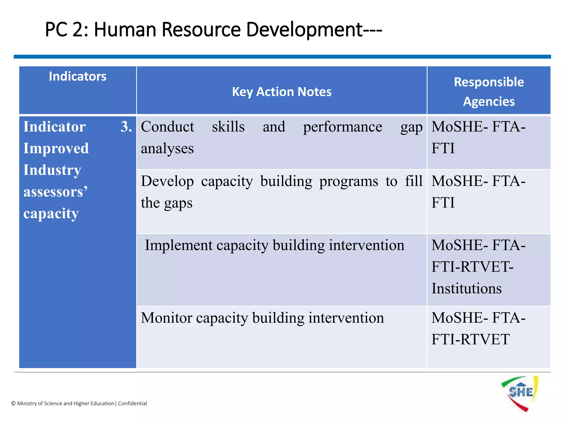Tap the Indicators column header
point(78,76)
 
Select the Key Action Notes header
point(282,92)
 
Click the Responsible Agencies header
point(489,92)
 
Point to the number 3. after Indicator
point(126,127)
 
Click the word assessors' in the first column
point(55,192)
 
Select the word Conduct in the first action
point(167,127)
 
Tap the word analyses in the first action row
point(167,149)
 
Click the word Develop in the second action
point(167,182)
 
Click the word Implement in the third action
point(179,245)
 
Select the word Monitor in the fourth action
point(166,318)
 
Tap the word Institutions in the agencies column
point(466,289)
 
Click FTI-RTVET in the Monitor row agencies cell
point(470,340)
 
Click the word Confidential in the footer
point(132,404)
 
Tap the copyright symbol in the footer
point(13,404)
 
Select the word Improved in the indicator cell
point(56,149)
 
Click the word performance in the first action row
point(342,127)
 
